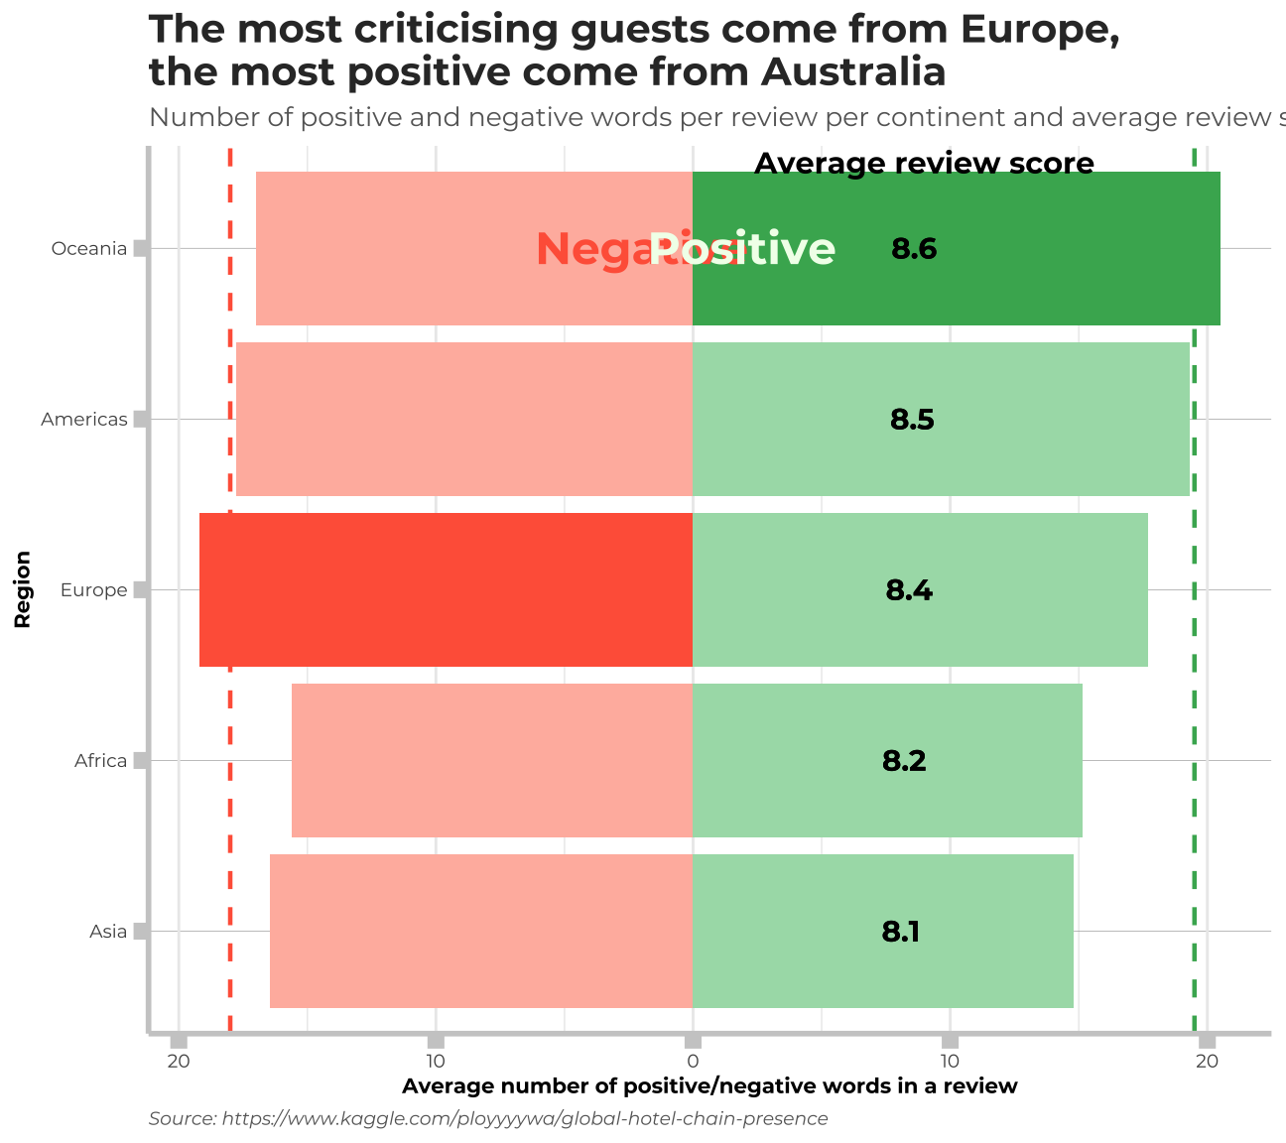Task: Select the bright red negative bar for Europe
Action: point(446,589)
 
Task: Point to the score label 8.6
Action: point(914,249)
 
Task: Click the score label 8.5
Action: point(912,420)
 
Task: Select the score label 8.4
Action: point(909,590)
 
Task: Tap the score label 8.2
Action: point(904,761)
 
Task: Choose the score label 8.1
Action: point(901,932)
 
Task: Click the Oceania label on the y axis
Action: point(89,248)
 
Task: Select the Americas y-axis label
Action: point(84,420)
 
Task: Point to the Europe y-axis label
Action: point(93,590)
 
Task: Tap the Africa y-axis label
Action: point(100,761)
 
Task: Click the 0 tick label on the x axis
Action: point(694,1063)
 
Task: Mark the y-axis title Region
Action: point(22,589)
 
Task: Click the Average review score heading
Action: point(924,164)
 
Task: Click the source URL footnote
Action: point(488,1118)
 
